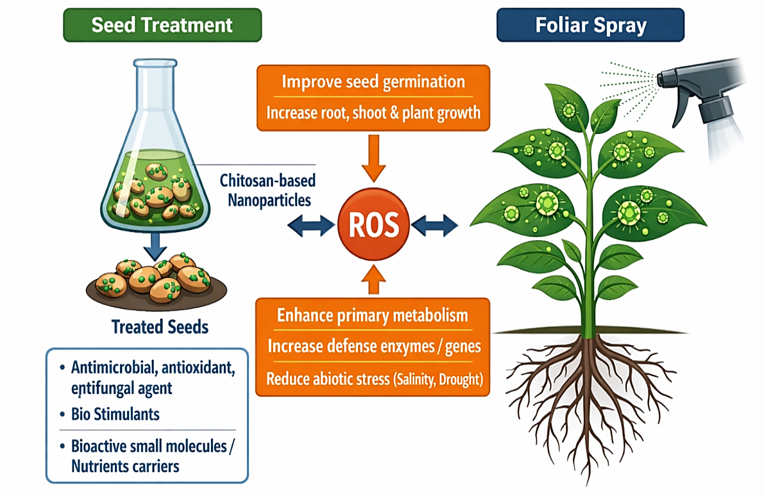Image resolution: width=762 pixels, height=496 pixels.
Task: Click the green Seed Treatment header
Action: point(162,25)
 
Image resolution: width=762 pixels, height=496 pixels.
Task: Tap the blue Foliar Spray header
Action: point(591,25)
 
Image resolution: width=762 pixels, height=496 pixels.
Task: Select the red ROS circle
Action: point(373,225)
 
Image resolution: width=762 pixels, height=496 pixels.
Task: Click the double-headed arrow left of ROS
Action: point(311,226)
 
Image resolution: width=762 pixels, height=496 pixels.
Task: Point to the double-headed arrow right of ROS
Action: point(434,225)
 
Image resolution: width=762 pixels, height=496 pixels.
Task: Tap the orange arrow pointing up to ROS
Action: point(373,279)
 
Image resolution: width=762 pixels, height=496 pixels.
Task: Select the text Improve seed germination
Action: point(373,81)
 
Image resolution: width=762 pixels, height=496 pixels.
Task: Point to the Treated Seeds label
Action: point(160,327)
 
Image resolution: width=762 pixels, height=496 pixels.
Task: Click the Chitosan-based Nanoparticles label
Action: point(267,190)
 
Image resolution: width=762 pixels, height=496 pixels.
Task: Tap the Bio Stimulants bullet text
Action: point(115,414)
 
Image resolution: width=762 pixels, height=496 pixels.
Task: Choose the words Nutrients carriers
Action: point(125,467)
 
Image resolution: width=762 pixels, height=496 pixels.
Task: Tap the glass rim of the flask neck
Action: point(155,63)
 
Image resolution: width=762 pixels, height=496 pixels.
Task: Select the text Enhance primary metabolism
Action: point(372,315)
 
